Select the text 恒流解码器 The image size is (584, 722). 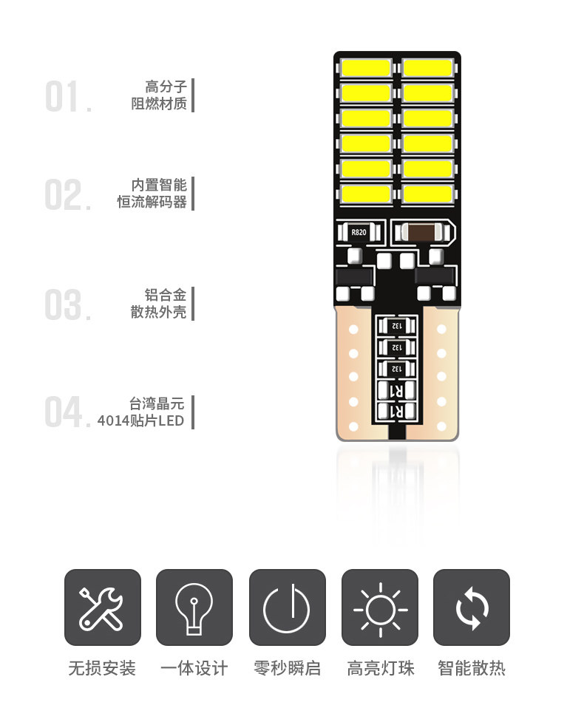152,202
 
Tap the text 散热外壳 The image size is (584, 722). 158,312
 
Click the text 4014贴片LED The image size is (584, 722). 140,421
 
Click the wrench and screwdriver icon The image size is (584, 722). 102,607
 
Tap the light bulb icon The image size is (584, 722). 194,607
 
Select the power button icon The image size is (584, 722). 287,607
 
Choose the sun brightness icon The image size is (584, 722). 380,607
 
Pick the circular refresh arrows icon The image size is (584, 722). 472,607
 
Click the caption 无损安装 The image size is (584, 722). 102,669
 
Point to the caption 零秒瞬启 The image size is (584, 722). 287,669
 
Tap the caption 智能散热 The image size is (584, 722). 472,669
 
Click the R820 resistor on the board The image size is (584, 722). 359,232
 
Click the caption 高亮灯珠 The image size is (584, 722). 380,669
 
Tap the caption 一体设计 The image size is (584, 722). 194,669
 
